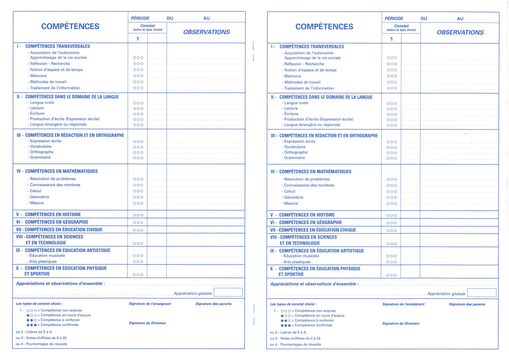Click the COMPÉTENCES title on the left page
tap(70, 26)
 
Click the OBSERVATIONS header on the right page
tap(460, 32)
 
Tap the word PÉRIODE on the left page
tap(140, 18)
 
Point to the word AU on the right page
tap(460, 19)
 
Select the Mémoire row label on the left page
tap(38, 76)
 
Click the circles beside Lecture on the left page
tap(138, 108)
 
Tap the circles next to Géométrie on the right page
tap(392, 198)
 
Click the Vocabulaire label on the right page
tap(295, 147)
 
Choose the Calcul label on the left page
tap(36, 191)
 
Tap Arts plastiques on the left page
tap(43, 262)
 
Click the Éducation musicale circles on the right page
tap(392, 256)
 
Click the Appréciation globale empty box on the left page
tap(228, 292)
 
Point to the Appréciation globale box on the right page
tap(482, 293)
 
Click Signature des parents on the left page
tap(213, 304)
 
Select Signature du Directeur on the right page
tap(401, 323)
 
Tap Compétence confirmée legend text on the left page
tap(60, 325)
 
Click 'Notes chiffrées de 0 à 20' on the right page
tap(300, 339)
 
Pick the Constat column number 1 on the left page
tap(138, 39)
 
